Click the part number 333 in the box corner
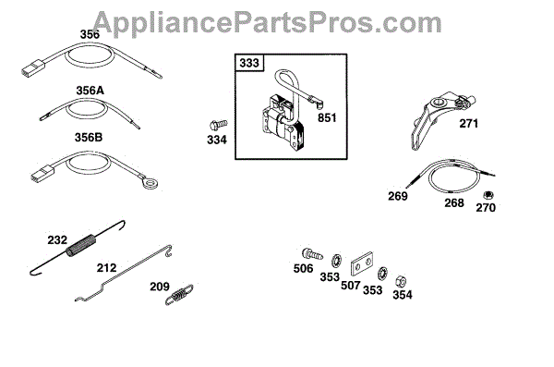coord(249,63)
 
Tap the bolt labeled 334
coord(218,125)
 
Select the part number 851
coord(327,117)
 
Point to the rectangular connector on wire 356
coord(33,68)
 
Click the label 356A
coord(90,91)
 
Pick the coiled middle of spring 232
coord(81,245)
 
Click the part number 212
coord(106,267)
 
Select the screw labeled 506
coord(312,253)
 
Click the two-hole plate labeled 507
coord(362,263)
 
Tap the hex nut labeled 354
coord(401,281)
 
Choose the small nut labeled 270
coord(488,195)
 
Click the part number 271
coord(468,124)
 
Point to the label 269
coord(398,196)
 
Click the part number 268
coord(454,202)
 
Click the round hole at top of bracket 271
coord(440,103)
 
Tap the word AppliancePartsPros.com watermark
coord(268,23)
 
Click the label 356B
coord(89,137)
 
